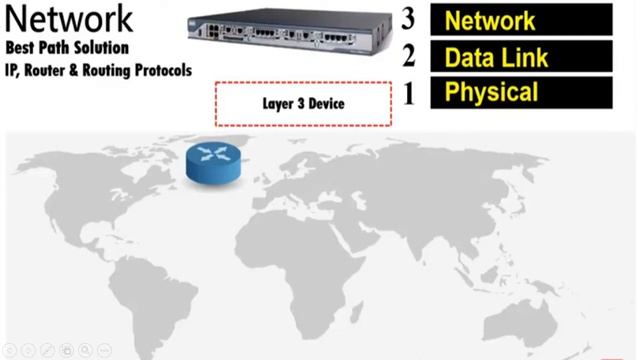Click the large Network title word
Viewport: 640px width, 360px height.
[69, 18]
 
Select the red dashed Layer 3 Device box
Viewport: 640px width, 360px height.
[302, 103]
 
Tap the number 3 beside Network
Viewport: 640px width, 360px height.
[407, 19]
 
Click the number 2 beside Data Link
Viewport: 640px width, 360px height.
[407, 56]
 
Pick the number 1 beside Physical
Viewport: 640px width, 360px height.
[407, 94]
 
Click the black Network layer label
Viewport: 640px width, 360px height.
[521, 20]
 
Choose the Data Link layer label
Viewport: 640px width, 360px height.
[521, 57]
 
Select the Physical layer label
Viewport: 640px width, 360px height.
[521, 94]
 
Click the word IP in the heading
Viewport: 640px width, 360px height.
[12, 70]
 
